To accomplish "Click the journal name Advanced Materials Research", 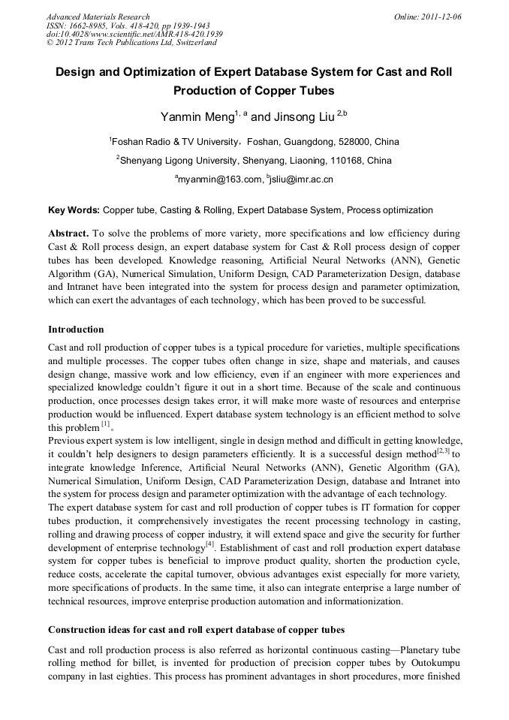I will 98,17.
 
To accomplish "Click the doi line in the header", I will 134,35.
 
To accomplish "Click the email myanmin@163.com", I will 220,180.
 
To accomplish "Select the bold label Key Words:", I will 74,211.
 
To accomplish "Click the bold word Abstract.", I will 70,233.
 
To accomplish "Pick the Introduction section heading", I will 76,330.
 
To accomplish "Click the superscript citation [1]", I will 106,424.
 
